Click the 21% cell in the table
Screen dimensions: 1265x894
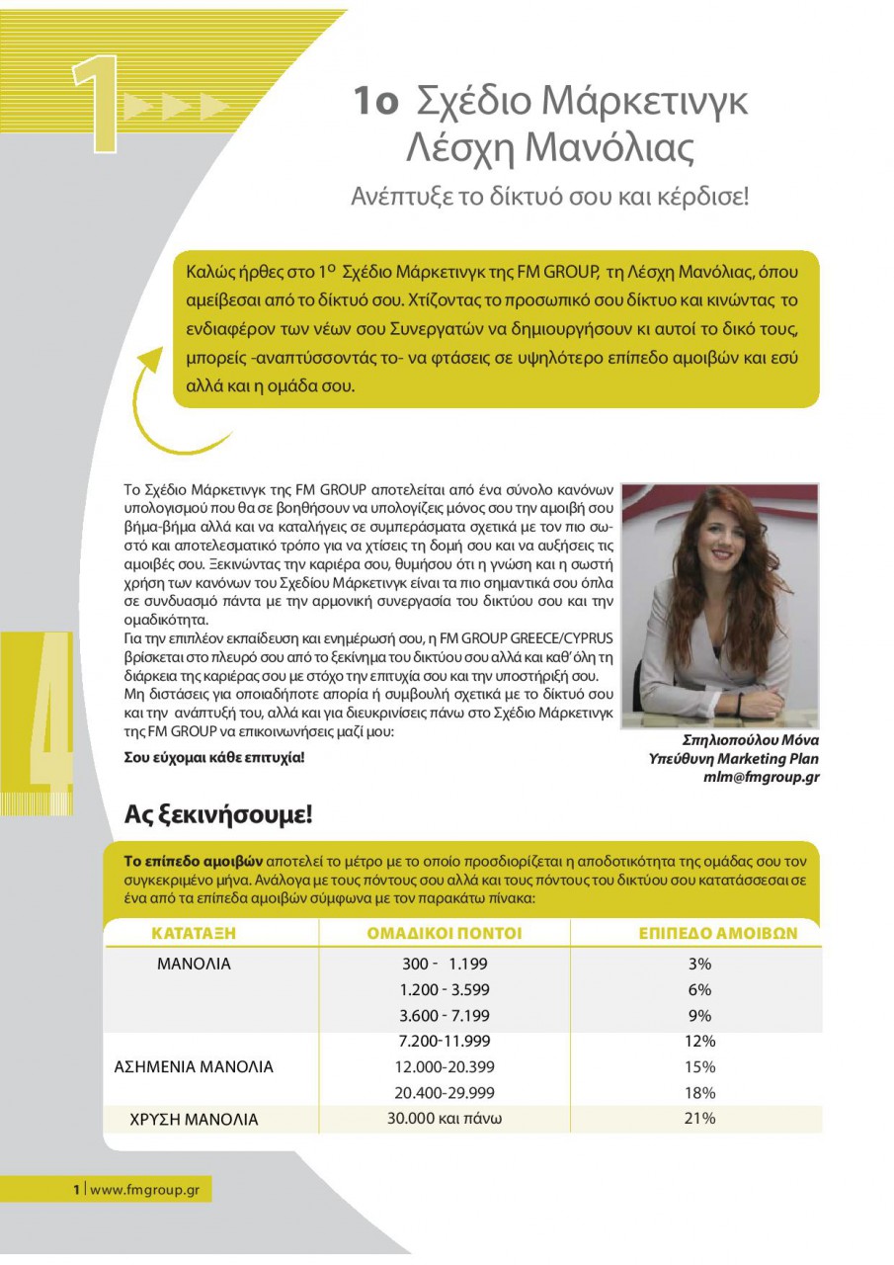point(699,1119)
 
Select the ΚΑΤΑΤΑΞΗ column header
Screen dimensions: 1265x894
point(194,933)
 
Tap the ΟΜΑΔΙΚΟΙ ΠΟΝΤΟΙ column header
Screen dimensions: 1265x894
point(445,933)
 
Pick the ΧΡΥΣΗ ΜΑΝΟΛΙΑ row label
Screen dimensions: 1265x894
point(194,1120)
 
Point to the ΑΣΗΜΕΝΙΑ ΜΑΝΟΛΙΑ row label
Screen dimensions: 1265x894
point(194,1067)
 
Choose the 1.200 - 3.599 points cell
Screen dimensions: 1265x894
point(445,989)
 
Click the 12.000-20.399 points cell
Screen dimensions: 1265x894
point(445,1067)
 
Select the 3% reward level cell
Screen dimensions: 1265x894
point(699,964)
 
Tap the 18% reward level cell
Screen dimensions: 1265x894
point(699,1093)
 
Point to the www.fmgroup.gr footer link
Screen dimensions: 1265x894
point(144,1190)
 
